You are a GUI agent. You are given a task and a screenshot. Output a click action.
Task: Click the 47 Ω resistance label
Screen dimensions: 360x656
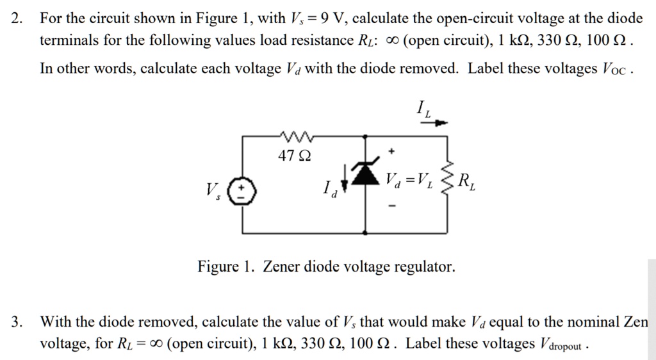[x=295, y=155]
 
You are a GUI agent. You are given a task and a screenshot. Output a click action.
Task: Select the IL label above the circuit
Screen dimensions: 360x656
[x=424, y=108]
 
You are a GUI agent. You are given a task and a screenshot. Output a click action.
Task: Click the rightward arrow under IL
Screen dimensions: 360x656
[x=438, y=122]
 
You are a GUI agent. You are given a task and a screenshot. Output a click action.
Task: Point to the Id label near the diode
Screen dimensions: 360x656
[x=328, y=188]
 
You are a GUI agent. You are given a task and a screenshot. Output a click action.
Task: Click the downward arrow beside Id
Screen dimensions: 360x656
[x=345, y=177]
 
